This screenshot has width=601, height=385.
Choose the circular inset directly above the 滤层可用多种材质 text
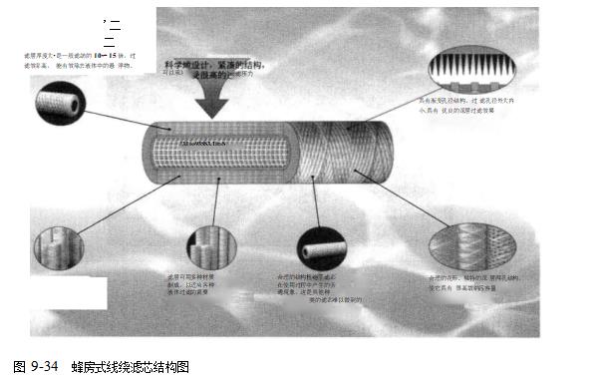(211, 247)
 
